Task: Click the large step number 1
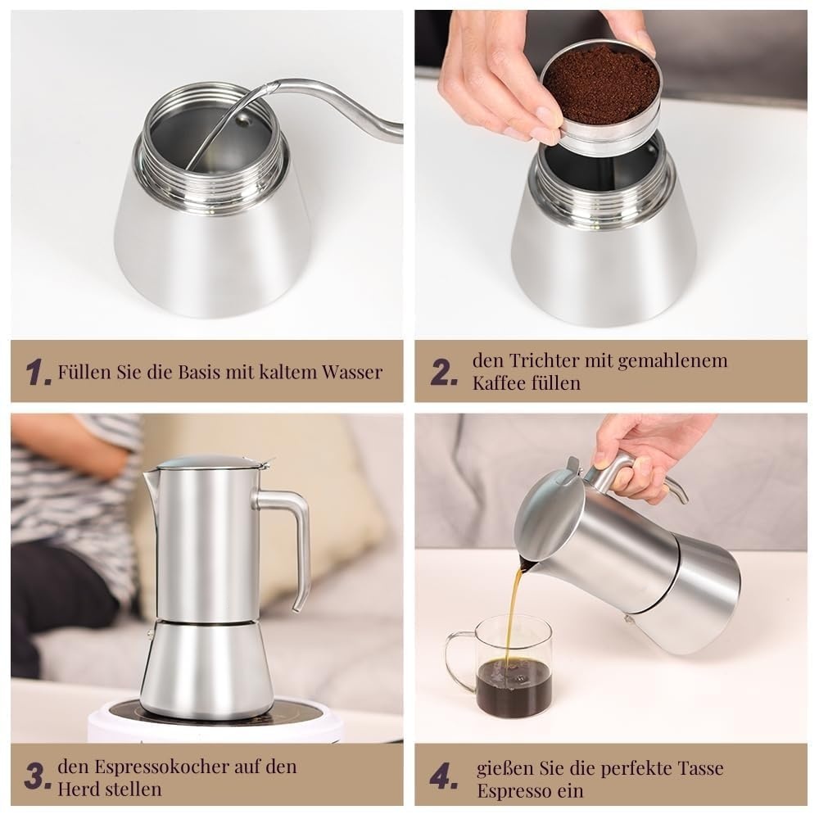(38, 372)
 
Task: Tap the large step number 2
(443, 372)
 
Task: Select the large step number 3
(38, 776)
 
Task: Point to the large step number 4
(443, 776)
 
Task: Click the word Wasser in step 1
(352, 372)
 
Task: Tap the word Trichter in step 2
(544, 360)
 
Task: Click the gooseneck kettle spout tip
(270, 84)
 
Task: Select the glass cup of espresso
(499, 667)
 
